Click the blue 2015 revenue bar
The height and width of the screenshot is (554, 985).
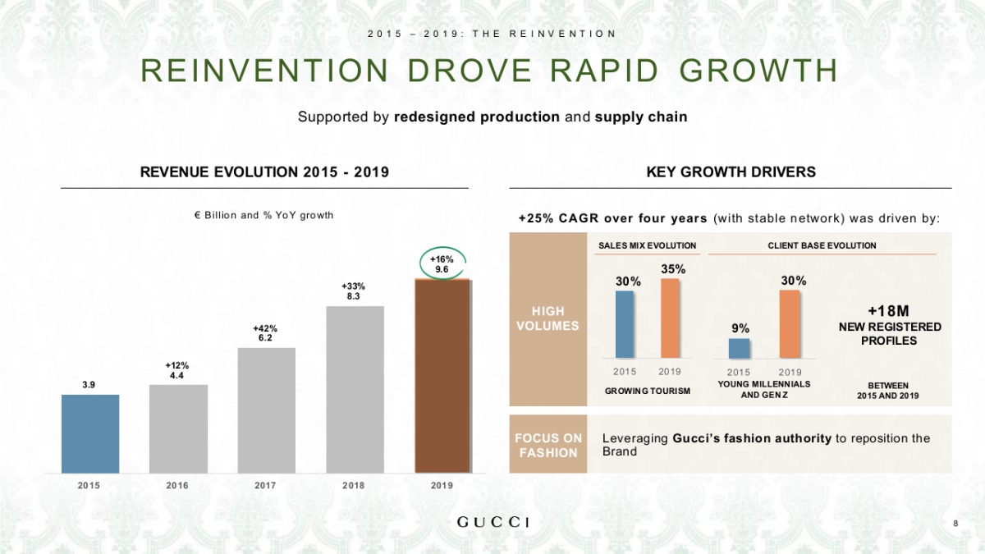89,433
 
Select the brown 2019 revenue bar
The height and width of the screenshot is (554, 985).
442,377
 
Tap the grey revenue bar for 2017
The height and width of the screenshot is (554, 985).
266,410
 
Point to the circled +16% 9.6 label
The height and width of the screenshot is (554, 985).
442,263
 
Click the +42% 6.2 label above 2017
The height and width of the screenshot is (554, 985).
265,332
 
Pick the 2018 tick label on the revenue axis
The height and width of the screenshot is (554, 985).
354,486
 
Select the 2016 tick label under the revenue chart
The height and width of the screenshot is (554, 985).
177,486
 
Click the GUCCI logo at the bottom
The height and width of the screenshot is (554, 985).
492,523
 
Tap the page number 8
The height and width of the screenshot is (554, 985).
955,524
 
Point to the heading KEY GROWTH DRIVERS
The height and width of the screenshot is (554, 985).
731,172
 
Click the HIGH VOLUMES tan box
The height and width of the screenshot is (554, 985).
547,319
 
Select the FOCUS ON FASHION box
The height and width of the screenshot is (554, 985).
548,445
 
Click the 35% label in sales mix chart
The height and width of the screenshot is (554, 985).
673,268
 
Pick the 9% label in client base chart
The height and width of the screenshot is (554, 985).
740,327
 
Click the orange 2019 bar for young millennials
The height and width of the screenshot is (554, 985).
790,324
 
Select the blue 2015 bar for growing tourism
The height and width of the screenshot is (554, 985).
625,325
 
